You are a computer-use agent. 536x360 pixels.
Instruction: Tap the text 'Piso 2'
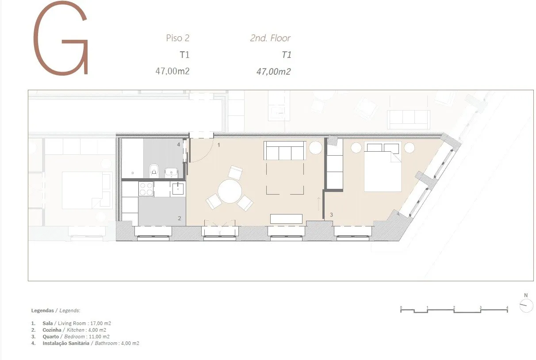[x=177, y=38]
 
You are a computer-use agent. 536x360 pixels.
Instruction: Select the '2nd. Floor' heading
[x=270, y=38]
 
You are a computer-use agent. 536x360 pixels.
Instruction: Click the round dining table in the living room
[x=230, y=191]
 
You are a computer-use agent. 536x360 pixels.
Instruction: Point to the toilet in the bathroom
[x=154, y=170]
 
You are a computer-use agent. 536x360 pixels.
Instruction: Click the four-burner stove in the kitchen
[x=146, y=189]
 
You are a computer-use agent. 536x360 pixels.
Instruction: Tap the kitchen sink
[x=178, y=189]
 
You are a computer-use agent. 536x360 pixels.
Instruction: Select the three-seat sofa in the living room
[x=285, y=150]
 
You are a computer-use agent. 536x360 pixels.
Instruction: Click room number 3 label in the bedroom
[x=331, y=215]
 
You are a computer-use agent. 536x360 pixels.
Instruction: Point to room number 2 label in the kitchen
[x=180, y=218]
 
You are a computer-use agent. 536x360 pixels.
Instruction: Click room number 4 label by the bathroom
[x=179, y=145]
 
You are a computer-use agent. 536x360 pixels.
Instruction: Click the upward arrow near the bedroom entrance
[x=318, y=204]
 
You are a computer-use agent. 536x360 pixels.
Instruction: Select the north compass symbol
[x=526, y=306]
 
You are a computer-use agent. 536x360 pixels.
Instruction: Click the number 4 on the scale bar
[x=507, y=307]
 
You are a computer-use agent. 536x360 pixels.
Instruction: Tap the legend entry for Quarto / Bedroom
[x=70, y=337]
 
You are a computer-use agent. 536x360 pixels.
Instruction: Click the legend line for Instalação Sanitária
[x=85, y=343]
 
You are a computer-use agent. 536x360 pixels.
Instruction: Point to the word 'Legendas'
[x=42, y=311]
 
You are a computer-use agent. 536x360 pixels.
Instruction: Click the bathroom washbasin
[x=171, y=172]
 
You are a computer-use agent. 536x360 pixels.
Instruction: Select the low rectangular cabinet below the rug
[x=286, y=219]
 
